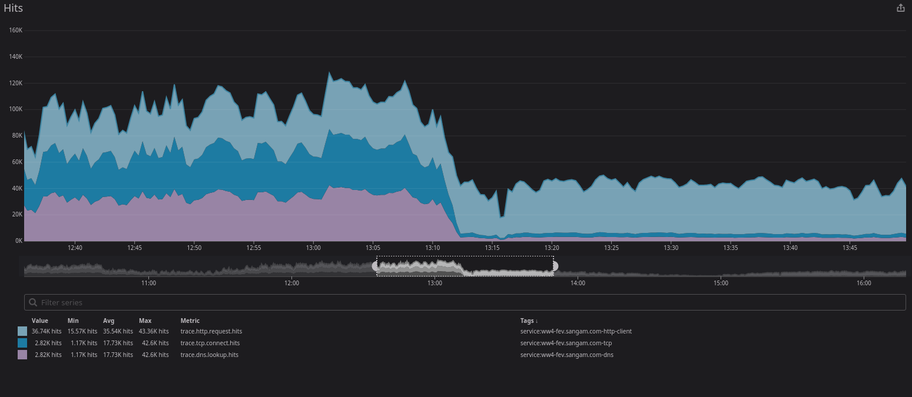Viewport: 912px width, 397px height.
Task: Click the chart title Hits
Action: pos(13,8)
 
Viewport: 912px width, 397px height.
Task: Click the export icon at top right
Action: pos(900,8)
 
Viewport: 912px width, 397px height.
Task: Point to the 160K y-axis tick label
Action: pos(15,31)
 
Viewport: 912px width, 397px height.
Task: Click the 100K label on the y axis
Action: pos(15,109)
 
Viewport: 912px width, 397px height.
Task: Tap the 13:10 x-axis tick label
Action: pos(432,248)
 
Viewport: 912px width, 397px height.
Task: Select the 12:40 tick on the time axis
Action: pos(75,248)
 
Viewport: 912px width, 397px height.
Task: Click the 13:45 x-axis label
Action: pos(850,248)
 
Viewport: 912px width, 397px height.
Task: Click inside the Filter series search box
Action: pos(465,302)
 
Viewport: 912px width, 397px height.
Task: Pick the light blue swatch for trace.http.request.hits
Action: pos(22,332)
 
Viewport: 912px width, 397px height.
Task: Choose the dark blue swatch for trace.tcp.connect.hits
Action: pos(22,343)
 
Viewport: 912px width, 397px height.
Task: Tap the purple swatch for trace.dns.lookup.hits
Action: pos(22,355)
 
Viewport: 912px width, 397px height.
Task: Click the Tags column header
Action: pos(529,321)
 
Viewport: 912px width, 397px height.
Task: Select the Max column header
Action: pos(145,321)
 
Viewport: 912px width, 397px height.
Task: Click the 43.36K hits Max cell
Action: pos(153,332)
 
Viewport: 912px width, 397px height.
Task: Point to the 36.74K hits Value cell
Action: pos(46,332)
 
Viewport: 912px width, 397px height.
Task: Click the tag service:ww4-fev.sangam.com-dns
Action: pos(566,355)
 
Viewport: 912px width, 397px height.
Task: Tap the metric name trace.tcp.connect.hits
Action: pos(210,343)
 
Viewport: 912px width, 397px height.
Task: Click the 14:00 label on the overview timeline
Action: pos(578,283)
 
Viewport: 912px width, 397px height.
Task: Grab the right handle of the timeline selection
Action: pos(554,266)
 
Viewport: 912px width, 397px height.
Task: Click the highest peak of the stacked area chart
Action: pos(329,72)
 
